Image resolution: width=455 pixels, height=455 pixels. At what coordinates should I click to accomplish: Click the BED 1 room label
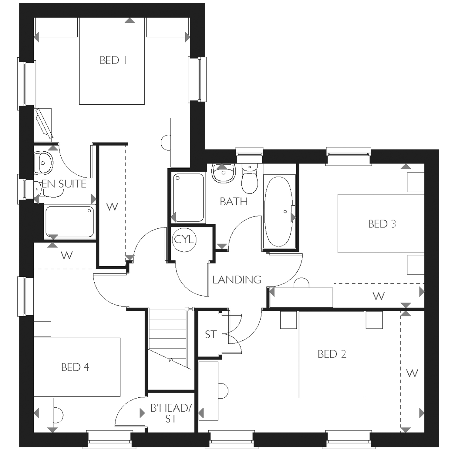coord(113,60)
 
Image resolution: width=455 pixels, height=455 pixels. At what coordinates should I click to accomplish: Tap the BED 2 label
coord(332,354)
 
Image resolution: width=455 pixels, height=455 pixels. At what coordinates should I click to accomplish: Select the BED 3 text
coord(382,224)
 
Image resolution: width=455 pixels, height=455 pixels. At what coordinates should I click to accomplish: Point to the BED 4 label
coord(75,367)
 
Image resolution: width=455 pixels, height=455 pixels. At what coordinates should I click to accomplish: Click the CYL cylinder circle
coord(184,240)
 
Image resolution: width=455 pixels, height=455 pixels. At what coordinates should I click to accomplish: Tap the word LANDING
coord(237,279)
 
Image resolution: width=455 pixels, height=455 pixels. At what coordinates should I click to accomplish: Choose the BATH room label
coord(234,201)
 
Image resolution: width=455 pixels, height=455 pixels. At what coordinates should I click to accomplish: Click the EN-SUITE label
coord(64,184)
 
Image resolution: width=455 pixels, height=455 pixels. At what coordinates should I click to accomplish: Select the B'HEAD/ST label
coord(171,413)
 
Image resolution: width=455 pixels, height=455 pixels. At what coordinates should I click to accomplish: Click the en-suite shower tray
coord(70,221)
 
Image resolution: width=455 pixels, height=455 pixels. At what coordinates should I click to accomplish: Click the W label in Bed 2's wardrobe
coord(412,373)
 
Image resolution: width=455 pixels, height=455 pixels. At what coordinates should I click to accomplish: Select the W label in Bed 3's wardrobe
coord(379,296)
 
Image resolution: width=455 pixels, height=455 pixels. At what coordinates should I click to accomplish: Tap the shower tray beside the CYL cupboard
coord(188,197)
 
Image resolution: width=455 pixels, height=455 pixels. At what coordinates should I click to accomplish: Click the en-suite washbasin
coord(43,163)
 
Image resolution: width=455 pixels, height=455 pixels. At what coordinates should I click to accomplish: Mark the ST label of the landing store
coord(211,334)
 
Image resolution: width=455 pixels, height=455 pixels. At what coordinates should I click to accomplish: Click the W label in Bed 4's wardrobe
coord(67,255)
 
